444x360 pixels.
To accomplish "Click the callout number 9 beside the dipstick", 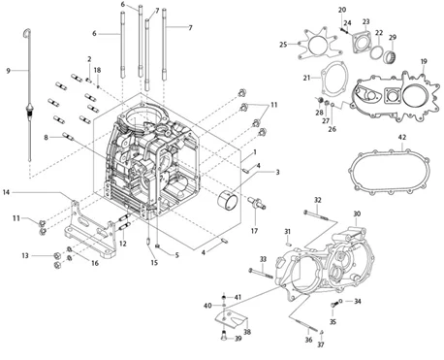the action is click(9, 71).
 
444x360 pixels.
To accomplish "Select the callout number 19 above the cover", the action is click(424, 61).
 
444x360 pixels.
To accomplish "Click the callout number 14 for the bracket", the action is click(7, 192).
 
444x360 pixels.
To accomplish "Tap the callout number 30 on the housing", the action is click(357, 213).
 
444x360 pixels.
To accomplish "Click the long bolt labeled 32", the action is click(319, 216).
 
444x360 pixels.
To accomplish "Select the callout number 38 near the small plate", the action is click(247, 332).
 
